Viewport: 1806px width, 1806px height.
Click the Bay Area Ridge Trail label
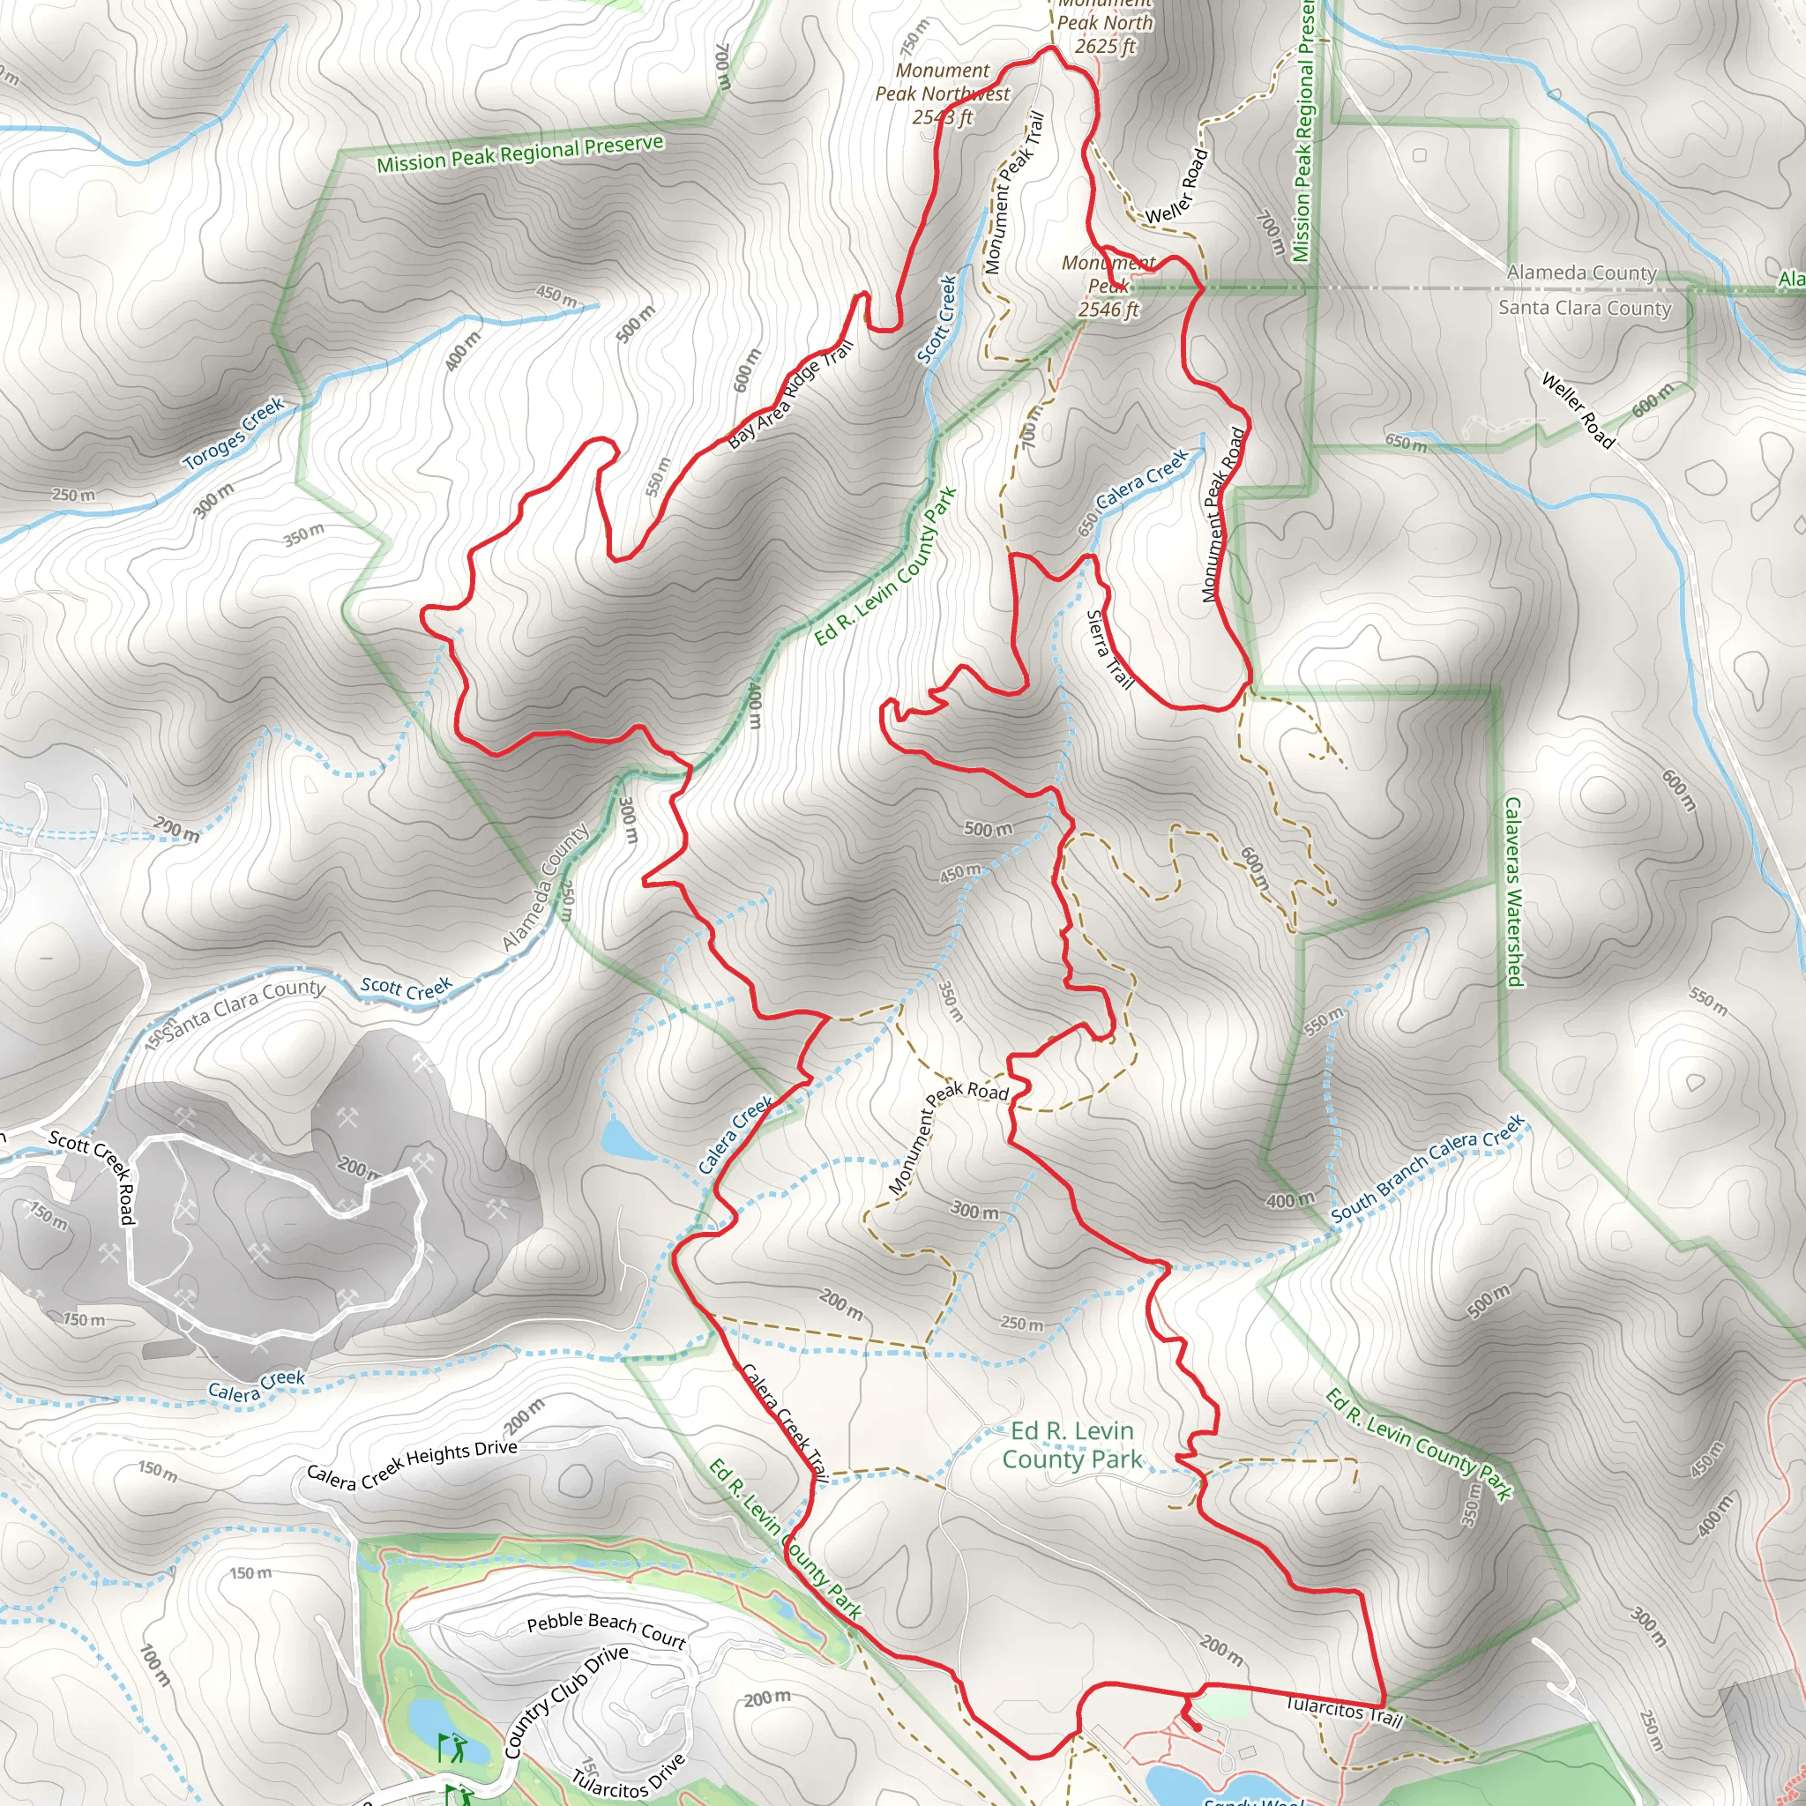790,395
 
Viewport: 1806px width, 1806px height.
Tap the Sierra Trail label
1109,650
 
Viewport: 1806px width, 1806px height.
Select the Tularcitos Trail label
1344,1713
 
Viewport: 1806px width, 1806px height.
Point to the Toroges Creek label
234,434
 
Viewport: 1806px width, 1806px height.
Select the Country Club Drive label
566,1701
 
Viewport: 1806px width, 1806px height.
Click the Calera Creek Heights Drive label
412,1463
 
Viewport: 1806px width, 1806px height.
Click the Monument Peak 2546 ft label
1108,286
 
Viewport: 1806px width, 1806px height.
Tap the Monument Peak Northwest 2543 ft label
943,93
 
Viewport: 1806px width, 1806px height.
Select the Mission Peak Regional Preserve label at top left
519,153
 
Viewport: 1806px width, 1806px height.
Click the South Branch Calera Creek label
1427,1168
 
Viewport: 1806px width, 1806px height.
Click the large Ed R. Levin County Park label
1072,1445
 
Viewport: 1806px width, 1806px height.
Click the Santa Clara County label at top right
1585,308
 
